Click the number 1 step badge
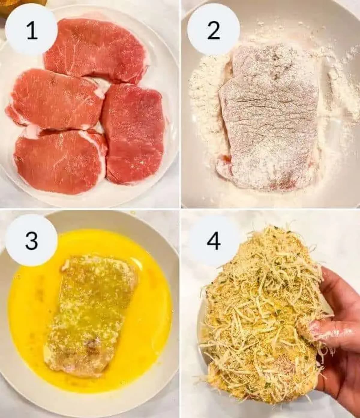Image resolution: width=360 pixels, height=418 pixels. pos(31,30)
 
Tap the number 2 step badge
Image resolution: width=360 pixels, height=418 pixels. pos(213,30)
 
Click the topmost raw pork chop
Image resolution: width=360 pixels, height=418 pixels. pos(96,49)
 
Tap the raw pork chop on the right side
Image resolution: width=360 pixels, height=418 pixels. pos(133,132)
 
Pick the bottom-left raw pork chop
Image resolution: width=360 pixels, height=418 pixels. pos(60,162)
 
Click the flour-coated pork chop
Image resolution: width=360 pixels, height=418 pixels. pos(267,120)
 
